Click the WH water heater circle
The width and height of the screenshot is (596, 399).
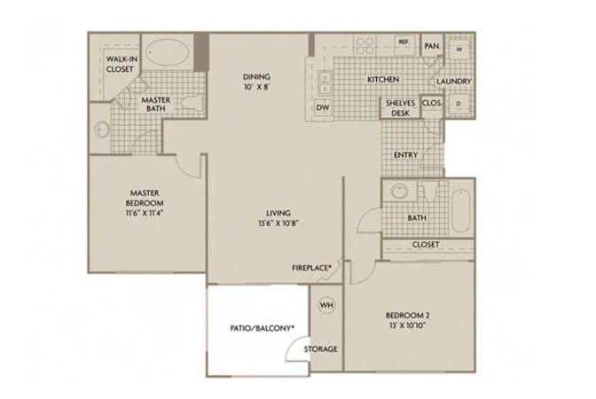pos(326,305)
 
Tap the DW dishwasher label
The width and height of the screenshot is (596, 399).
pos(323,107)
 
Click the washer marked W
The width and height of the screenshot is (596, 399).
pos(459,49)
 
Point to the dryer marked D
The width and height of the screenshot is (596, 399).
pos(459,104)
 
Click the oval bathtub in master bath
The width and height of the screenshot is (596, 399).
pos(168,53)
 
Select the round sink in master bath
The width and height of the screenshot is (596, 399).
pos(101,129)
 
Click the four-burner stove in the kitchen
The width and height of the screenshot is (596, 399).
pos(365,45)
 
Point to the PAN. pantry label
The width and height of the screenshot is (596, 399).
pos(432,46)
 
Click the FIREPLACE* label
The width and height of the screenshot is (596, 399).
pos(311,268)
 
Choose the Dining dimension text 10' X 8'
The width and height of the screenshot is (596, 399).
pos(256,87)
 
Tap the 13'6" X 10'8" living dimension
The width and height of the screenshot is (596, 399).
pos(278,223)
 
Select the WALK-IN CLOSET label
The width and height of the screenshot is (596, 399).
pos(122,64)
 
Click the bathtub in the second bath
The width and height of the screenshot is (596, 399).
pos(461,210)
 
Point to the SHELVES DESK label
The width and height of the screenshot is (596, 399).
pos(400,108)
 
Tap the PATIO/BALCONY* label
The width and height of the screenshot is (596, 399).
pos(263,328)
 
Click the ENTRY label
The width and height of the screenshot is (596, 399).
pos(405,155)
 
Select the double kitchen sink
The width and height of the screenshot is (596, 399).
pos(325,82)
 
